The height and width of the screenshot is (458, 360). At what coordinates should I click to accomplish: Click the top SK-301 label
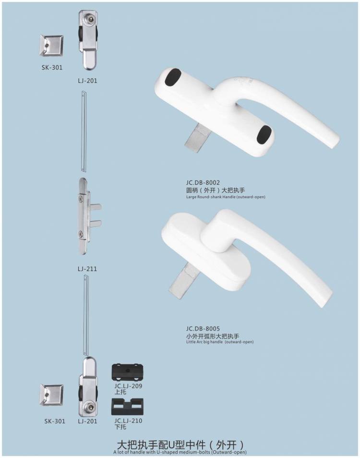[x=52, y=67]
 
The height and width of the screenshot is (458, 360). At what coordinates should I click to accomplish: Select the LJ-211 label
[x=87, y=269]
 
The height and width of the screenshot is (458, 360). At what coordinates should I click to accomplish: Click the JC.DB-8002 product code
[x=203, y=182]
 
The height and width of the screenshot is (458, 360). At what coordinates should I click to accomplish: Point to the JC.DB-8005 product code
[x=203, y=329]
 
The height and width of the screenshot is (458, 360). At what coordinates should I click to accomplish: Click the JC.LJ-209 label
[x=128, y=386]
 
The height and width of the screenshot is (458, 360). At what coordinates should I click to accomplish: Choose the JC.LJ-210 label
[x=128, y=421]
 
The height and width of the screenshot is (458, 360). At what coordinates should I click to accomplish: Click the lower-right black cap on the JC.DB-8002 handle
[x=264, y=135]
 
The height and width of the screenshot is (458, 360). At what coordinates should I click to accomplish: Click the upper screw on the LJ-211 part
[x=80, y=197]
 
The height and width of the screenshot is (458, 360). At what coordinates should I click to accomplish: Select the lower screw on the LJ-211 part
[x=80, y=234]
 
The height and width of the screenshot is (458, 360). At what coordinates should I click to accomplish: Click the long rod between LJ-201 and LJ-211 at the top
[x=84, y=129]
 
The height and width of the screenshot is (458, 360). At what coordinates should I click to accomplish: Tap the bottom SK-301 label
[x=54, y=421]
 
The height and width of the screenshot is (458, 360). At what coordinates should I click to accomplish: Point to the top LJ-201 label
[x=87, y=81]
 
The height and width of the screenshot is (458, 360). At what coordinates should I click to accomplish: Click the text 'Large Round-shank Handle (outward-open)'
[x=226, y=197]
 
